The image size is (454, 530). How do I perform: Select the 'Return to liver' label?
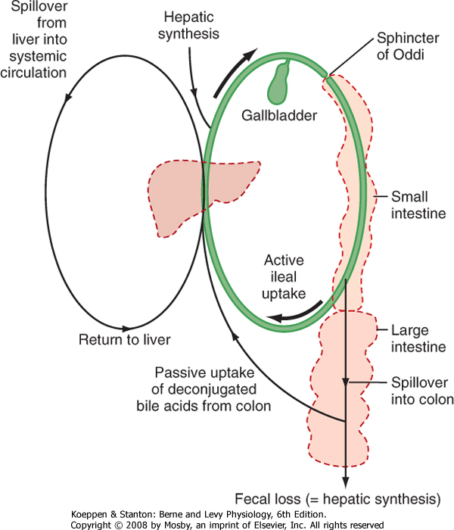pyautogui.click(x=125, y=339)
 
